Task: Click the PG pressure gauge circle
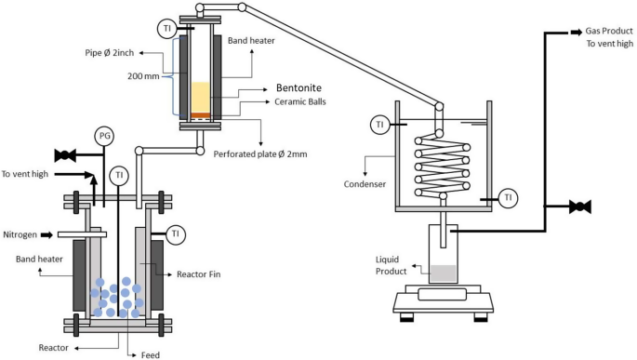[x=102, y=137]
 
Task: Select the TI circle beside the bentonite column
[x=166, y=29]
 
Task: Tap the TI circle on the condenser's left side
[x=379, y=124]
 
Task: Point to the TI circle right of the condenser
[x=507, y=196]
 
